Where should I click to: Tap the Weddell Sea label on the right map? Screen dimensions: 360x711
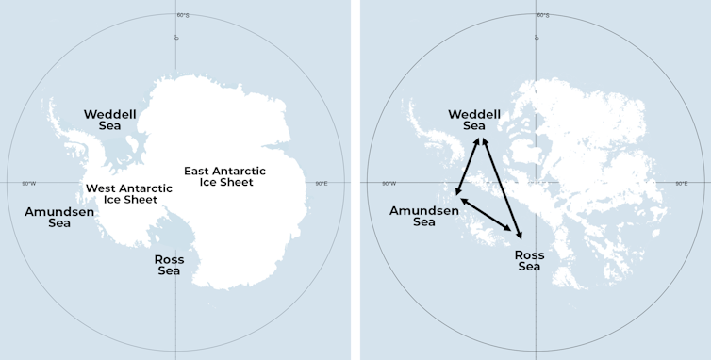(x=474, y=120)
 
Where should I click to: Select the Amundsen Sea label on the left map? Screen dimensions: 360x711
(x=59, y=217)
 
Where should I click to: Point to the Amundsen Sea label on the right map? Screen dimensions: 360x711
(x=423, y=216)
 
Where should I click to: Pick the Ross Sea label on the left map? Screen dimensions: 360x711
(x=170, y=265)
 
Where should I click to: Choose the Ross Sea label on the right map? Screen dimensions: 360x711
(x=530, y=261)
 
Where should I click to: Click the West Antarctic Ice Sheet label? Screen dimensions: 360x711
(x=129, y=193)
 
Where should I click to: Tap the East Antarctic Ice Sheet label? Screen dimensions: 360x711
(x=224, y=176)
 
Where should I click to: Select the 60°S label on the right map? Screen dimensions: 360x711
(x=544, y=16)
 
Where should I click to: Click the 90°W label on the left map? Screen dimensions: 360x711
(x=29, y=184)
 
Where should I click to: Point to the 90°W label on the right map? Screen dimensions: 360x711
(x=389, y=184)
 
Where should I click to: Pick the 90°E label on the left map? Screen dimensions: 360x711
(x=322, y=184)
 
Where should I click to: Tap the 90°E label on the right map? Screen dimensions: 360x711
(x=682, y=184)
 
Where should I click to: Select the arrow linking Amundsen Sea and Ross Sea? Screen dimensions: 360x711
(x=488, y=215)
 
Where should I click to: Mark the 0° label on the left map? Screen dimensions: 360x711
(x=176, y=38)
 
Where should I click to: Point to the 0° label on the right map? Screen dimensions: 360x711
(x=537, y=38)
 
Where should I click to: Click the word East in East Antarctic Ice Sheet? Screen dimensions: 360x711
(x=198, y=171)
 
